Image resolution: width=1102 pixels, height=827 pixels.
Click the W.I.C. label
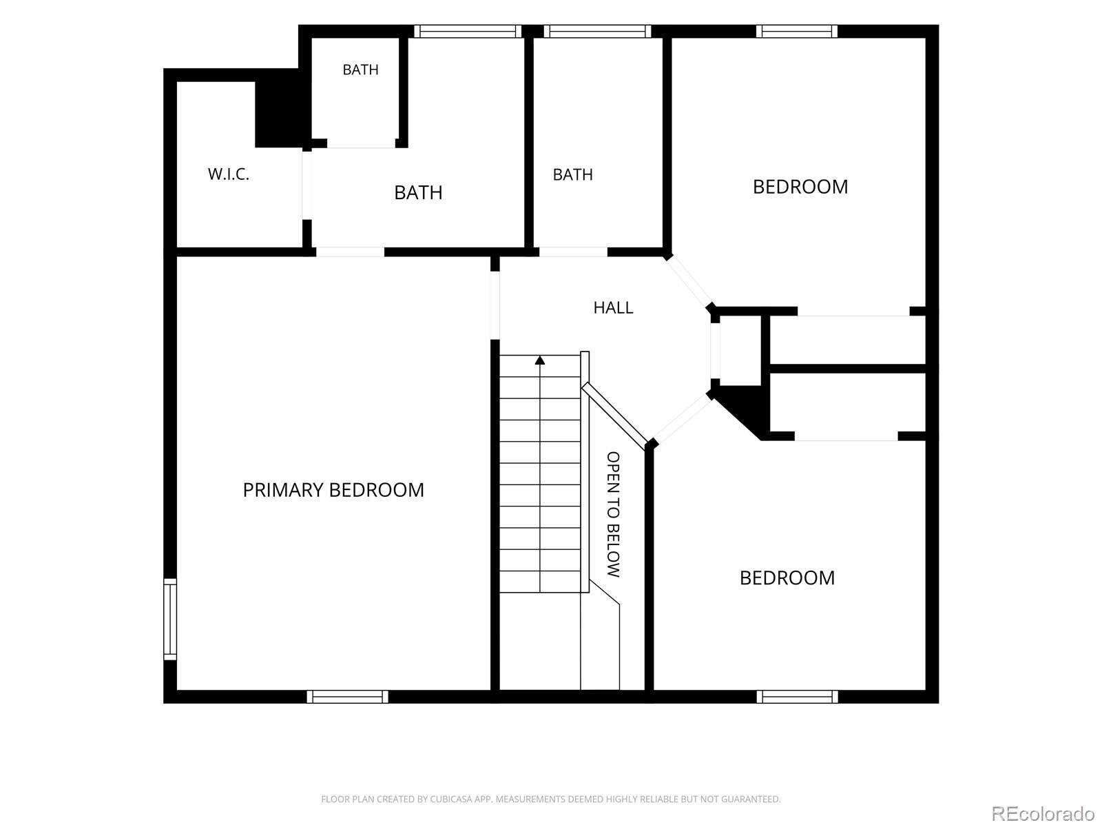pyautogui.click(x=229, y=174)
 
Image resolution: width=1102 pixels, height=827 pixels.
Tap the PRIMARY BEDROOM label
pyautogui.click(x=333, y=490)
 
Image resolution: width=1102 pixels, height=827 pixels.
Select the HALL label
pyautogui.click(x=613, y=307)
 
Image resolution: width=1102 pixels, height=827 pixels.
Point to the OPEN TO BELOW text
pyautogui.click(x=613, y=514)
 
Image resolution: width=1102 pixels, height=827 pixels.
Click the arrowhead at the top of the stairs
pyautogui.click(x=540, y=360)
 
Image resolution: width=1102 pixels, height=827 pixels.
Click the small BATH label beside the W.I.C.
pyautogui.click(x=360, y=70)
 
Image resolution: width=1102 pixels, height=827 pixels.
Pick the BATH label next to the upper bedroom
pyautogui.click(x=573, y=175)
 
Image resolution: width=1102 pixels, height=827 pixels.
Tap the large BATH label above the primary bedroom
pyautogui.click(x=418, y=192)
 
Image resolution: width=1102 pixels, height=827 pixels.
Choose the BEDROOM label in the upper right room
pyautogui.click(x=800, y=187)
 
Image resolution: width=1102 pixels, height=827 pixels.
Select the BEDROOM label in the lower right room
pyautogui.click(x=787, y=578)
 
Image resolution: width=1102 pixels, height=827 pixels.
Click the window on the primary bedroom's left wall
pyautogui.click(x=170, y=619)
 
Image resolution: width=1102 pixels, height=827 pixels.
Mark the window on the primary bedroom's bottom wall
pyautogui.click(x=347, y=697)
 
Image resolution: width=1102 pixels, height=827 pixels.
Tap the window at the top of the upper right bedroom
pyautogui.click(x=797, y=31)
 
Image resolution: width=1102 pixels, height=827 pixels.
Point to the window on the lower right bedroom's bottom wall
pyautogui.click(x=798, y=697)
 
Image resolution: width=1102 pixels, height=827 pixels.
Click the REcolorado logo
pyautogui.click(x=1043, y=813)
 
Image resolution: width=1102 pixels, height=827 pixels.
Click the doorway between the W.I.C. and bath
pyautogui.click(x=306, y=185)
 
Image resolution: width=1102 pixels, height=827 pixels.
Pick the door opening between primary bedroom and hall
pyautogui.click(x=495, y=305)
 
